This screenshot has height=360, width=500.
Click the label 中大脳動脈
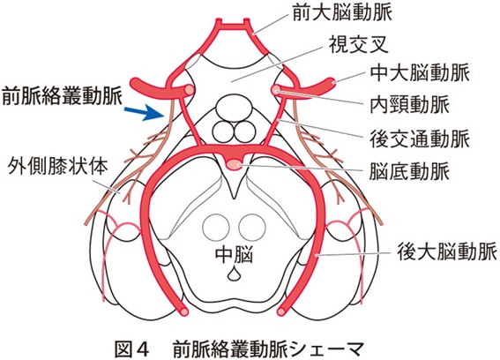pyautogui.click(x=420, y=73)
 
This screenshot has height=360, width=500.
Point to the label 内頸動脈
pyautogui.click(x=409, y=104)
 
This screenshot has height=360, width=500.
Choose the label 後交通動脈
pyautogui.click(x=420, y=139)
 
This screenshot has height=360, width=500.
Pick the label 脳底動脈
pyautogui.click(x=409, y=171)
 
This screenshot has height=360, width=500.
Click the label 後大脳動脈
pyautogui.click(x=447, y=251)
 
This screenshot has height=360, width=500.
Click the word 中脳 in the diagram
pyautogui.click(x=235, y=254)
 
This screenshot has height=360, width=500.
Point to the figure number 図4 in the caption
pyautogui.click(x=131, y=349)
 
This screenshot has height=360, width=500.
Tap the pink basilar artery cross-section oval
pyautogui.click(x=235, y=165)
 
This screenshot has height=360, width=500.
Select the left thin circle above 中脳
pyautogui.click(x=216, y=228)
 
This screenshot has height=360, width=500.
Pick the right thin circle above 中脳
pyautogui.click(x=252, y=228)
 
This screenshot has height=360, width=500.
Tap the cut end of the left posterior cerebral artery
pyautogui.click(x=184, y=311)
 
